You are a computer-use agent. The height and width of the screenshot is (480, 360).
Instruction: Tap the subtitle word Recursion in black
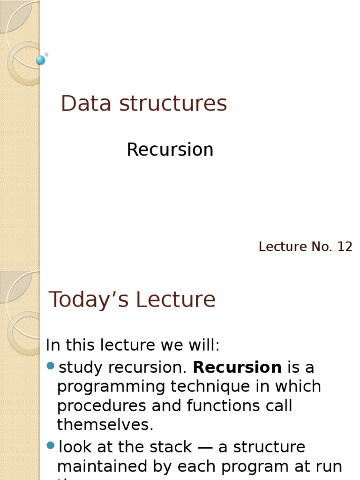(170, 150)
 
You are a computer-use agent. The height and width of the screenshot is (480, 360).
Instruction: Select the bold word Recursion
(237, 367)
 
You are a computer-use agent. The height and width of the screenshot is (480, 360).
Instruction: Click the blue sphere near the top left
(41, 60)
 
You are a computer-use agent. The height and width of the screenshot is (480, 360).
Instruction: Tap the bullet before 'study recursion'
(51, 366)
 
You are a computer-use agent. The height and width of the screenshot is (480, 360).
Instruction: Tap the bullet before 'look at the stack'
(51, 445)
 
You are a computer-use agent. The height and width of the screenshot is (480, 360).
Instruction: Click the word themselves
(105, 425)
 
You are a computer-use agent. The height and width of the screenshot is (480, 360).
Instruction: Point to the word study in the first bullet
(81, 368)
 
